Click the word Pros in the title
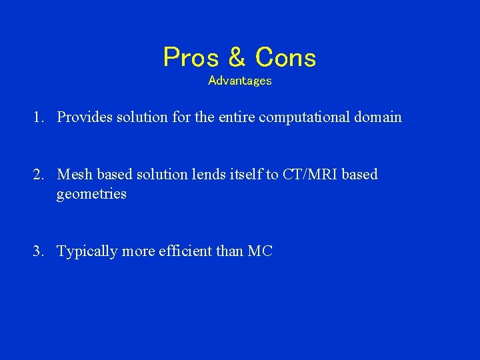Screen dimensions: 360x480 pyautogui.click(x=191, y=58)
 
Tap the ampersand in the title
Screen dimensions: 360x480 pyautogui.click(x=237, y=58)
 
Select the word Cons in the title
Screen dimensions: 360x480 pyautogui.click(x=285, y=58)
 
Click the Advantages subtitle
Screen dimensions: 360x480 pyautogui.click(x=240, y=81)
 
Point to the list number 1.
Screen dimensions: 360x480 pyautogui.click(x=37, y=117)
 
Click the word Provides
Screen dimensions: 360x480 pyautogui.click(x=85, y=117)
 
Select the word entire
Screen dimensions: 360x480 pyautogui.click(x=234, y=117)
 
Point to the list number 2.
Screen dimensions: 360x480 pyautogui.click(x=37, y=175)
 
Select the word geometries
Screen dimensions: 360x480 pyautogui.click(x=91, y=195)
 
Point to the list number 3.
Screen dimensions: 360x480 pyautogui.click(x=37, y=251)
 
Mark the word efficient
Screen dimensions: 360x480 pyautogui.click(x=185, y=251)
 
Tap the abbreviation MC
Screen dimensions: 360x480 pyautogui.click(x=260, y=251)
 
